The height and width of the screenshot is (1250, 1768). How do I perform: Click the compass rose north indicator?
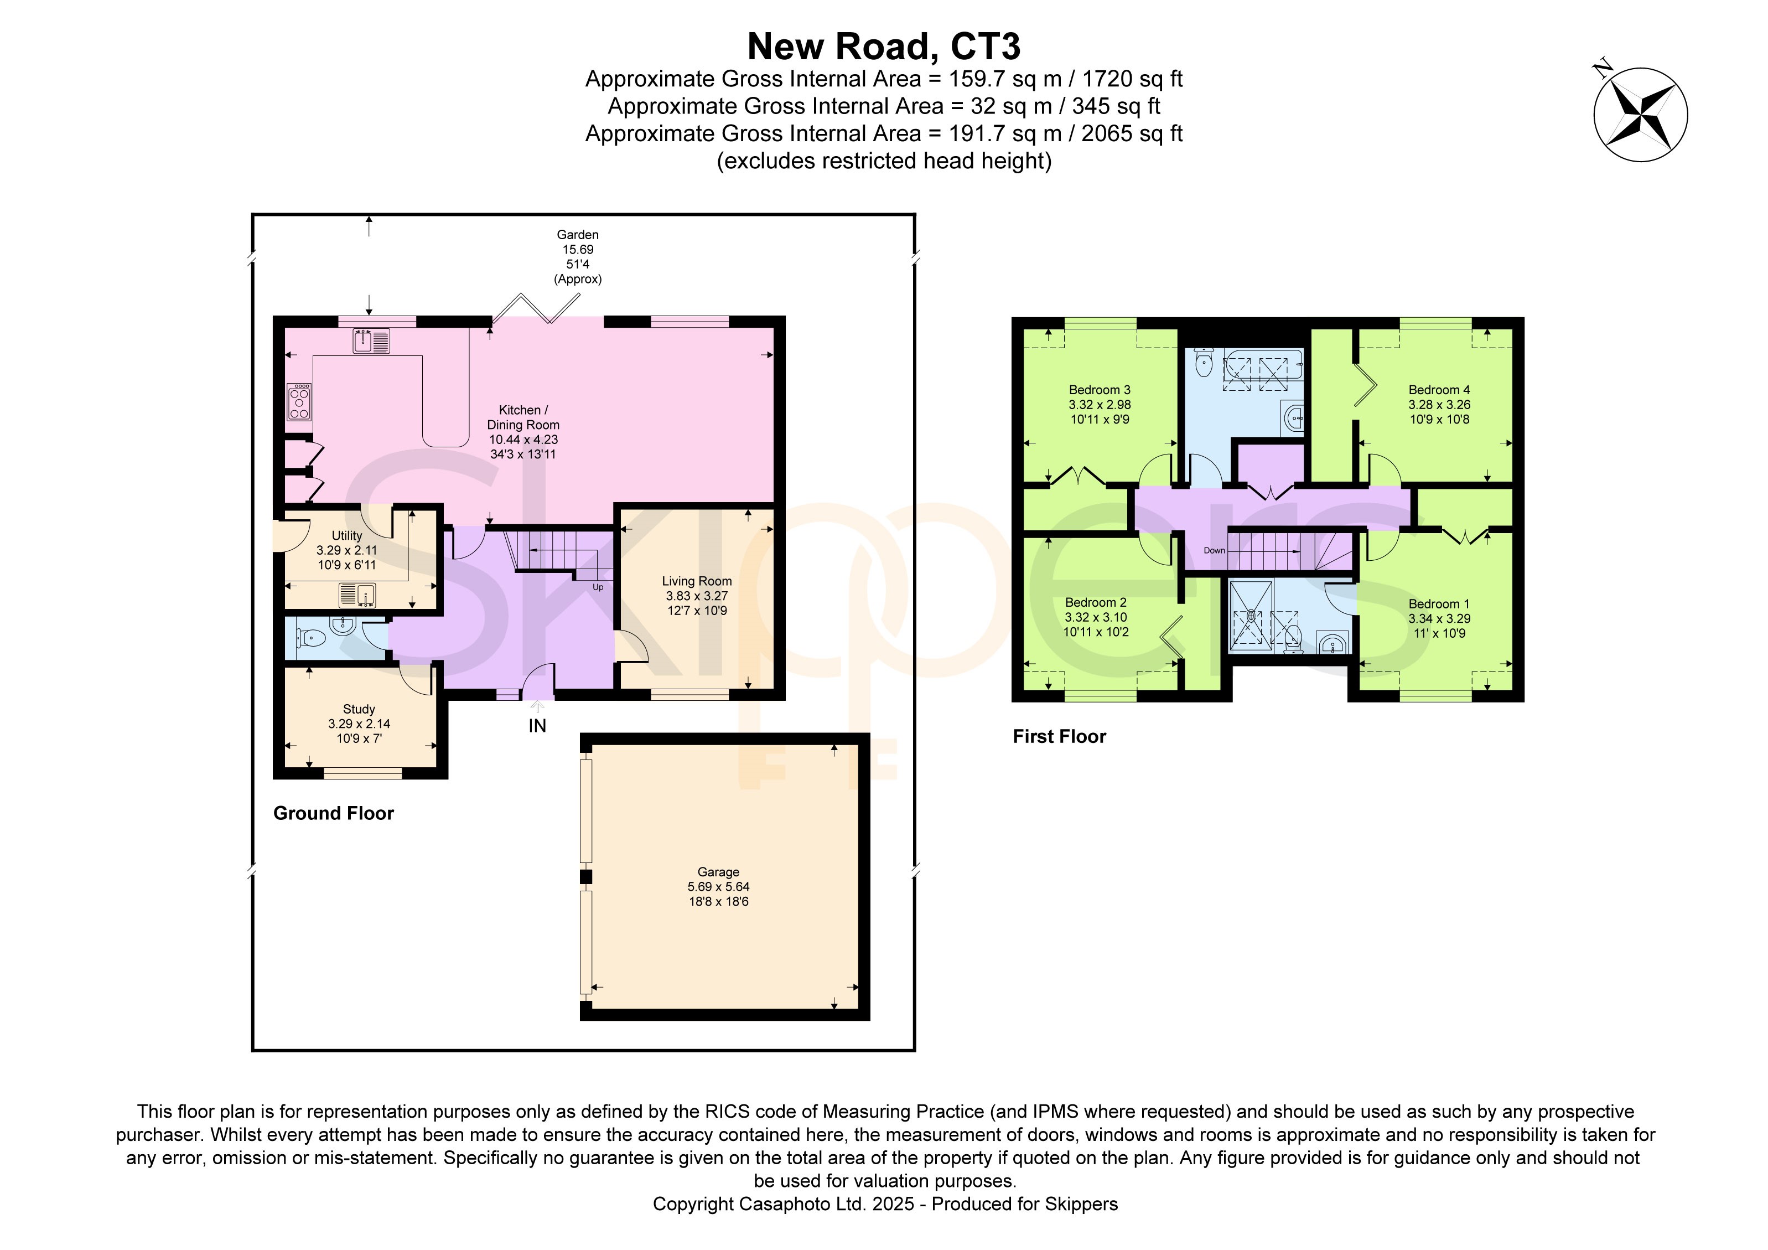1640,114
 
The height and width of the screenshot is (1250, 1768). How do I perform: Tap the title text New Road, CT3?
884,46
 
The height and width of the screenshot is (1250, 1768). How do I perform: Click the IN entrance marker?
537,726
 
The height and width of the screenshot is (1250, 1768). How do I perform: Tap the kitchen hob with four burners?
299,402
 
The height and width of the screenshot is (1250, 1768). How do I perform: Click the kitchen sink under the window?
371,340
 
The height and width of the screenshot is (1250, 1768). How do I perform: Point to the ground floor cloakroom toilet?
310,638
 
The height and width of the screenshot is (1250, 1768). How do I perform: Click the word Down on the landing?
1214,551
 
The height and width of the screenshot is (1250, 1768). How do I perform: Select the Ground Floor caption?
334,813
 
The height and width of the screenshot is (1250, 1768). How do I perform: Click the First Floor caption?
1060,736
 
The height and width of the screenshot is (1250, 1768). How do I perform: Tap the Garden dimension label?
578,256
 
